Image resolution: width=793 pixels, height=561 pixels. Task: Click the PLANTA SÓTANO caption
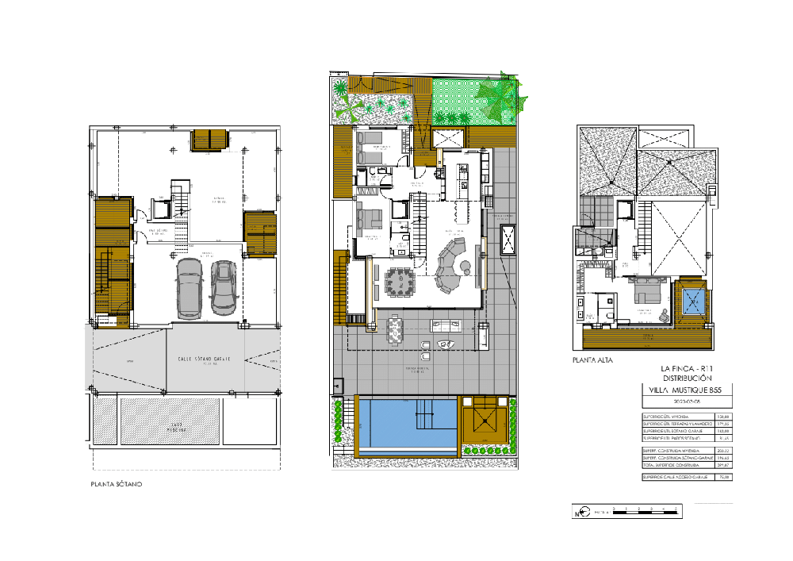click(115, 483)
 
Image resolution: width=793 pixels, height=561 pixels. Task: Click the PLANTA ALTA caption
click(592, 359)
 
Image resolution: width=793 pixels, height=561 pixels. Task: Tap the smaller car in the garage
click(223, 286)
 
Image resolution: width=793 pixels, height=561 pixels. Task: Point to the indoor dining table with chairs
click(398, 282)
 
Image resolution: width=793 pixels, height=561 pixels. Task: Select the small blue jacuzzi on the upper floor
click(693, 302)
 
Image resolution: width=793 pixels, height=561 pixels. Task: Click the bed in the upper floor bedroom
click(646, 293)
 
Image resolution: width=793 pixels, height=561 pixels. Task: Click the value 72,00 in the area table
click(723, 477)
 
